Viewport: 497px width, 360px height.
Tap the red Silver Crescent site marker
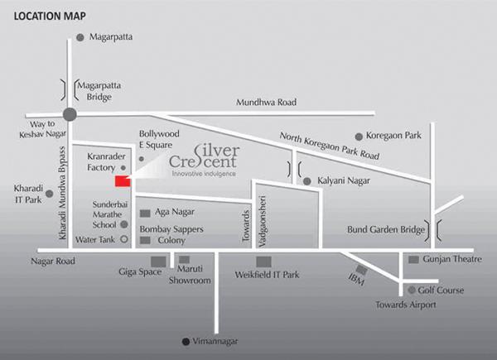tap(122, 181)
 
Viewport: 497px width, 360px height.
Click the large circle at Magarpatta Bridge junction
tap(70, 115)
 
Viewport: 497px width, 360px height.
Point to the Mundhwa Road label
tap(266, 102)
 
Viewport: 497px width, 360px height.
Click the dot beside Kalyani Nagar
tap(306, 180)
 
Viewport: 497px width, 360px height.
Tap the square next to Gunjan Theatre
tap(413, 260)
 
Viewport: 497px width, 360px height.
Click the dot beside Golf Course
tap(411, 290)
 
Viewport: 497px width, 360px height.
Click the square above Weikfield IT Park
tap(262, 262)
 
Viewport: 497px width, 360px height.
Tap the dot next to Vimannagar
tap(185, 341)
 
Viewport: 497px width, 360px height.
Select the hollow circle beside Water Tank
tap(124, 240)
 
